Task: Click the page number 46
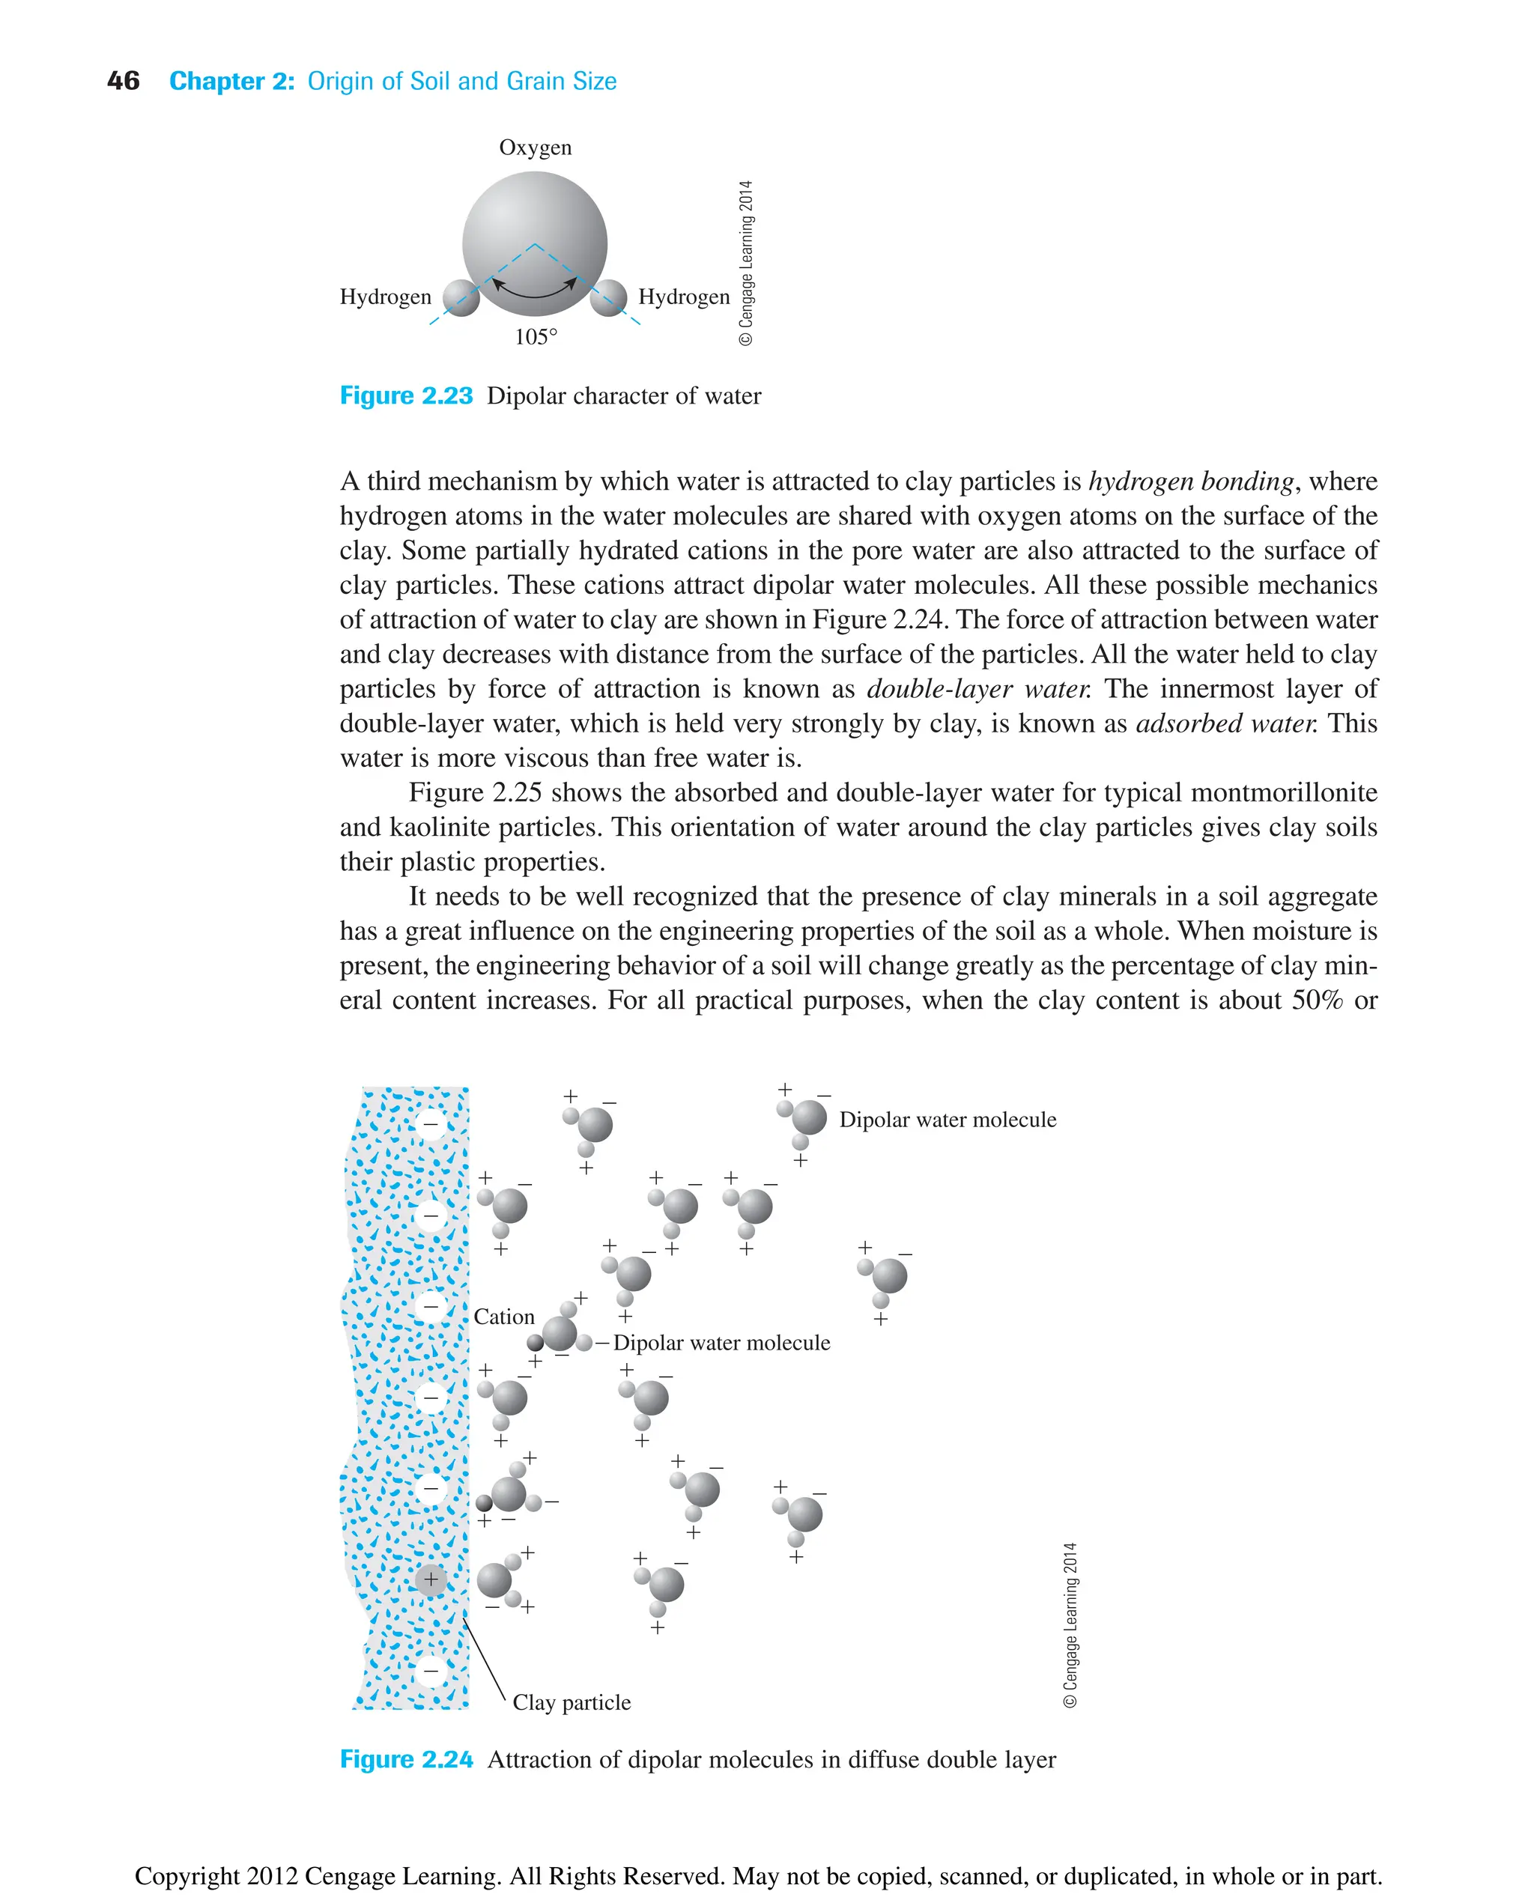pyautogui.click(x=123, y=82)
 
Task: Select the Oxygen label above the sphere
pyautogui.click(x=535, y=148)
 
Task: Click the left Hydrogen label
pyautogui.click(x=385, y=297)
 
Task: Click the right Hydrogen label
pyautogui.click(x=684, y=297)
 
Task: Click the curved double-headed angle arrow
pyautogui.click(x=535, y=294)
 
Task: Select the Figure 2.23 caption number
pyautogui.click(x=407, y=396)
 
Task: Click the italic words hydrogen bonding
pyautogui.click(x=1190, y=482)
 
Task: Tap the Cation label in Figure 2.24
pyautogui.click(x=503, y=1317)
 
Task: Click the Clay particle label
pyautogui.click(x=572, y=1702)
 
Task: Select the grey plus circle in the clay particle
pyautogui.click(x=431, y=1579)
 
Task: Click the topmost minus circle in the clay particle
pyautogui.click(x=431, y=1124)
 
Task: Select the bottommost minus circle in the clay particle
pyautogui.click(x=431, y=1671)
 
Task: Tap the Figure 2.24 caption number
pyautogui.click(x=407, y=1760)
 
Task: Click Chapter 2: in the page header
pyautogui.click(x=231, y=82)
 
